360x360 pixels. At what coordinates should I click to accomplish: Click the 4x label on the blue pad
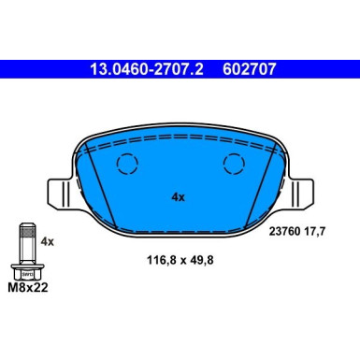(x=179, y=196)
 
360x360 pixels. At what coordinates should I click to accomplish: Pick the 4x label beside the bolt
(x=48, y=241)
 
